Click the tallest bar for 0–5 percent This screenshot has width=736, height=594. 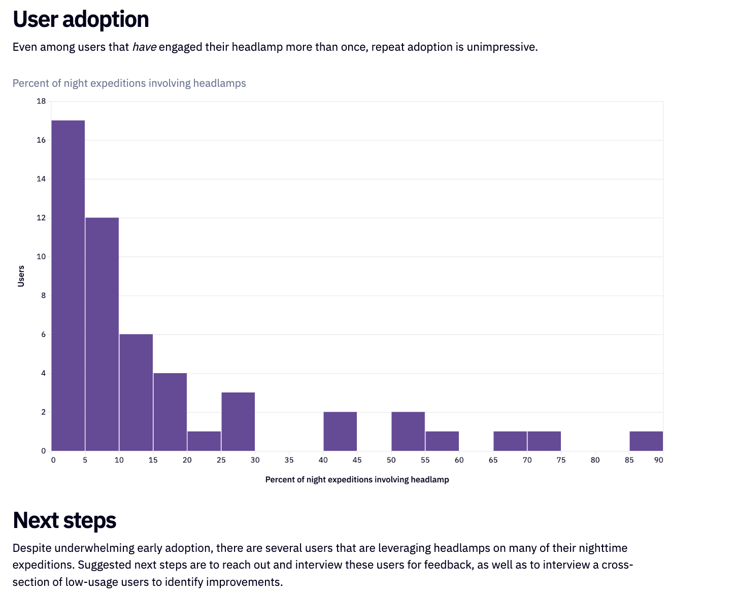pos(68,285)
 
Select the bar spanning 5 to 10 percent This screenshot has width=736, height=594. pos(102,334)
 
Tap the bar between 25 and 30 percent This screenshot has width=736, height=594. pos(238,421)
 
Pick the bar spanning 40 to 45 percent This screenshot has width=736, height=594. pos(340,432)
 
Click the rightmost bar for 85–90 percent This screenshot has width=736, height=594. pos(646,441)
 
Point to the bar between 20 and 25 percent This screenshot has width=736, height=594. pos(204,441)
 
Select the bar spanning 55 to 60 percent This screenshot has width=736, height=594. pos(442,441)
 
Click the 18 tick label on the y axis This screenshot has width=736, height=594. pos(42,101)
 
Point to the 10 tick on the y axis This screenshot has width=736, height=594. pos(42,256)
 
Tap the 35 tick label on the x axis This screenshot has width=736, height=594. pos(289,460)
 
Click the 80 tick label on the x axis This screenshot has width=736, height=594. pos(595,460)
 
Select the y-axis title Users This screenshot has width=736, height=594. pos(21,276)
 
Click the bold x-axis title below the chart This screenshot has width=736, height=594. pos(357,480)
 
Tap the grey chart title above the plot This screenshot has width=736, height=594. pos(129,83)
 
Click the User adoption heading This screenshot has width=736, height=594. pos(81,19)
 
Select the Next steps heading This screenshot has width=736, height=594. pos(64,520)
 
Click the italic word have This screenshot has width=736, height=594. pos(144,47)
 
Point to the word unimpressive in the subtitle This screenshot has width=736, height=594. pos(502,47)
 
